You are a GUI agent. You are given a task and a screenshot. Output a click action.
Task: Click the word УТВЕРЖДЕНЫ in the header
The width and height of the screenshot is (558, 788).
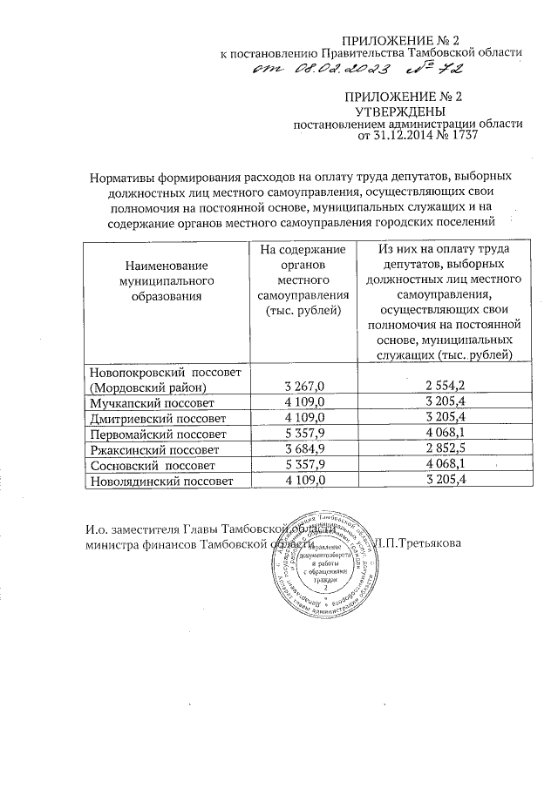tap(401, 112)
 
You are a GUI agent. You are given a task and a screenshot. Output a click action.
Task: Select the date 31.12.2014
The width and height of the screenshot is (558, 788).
tap(414, 137)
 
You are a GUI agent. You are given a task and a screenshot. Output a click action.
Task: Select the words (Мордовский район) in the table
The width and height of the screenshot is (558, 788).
tap(147, 386)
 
